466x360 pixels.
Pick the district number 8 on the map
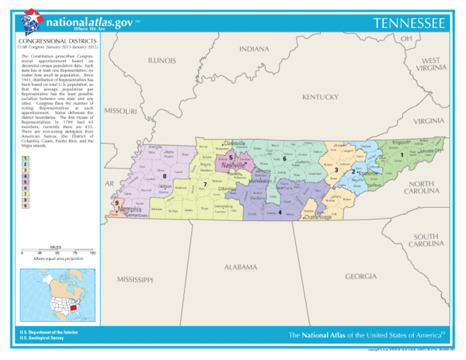pos(165,176)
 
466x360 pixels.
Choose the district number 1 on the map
pos(401,154)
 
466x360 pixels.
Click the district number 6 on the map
pos(284,159)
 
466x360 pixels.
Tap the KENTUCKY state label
pos(320,97)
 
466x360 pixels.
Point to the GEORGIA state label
pos(361,275)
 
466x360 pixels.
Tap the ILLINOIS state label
pos(162,59)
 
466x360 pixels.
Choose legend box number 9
pos(26,206)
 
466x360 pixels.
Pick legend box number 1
pos(26,157)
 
